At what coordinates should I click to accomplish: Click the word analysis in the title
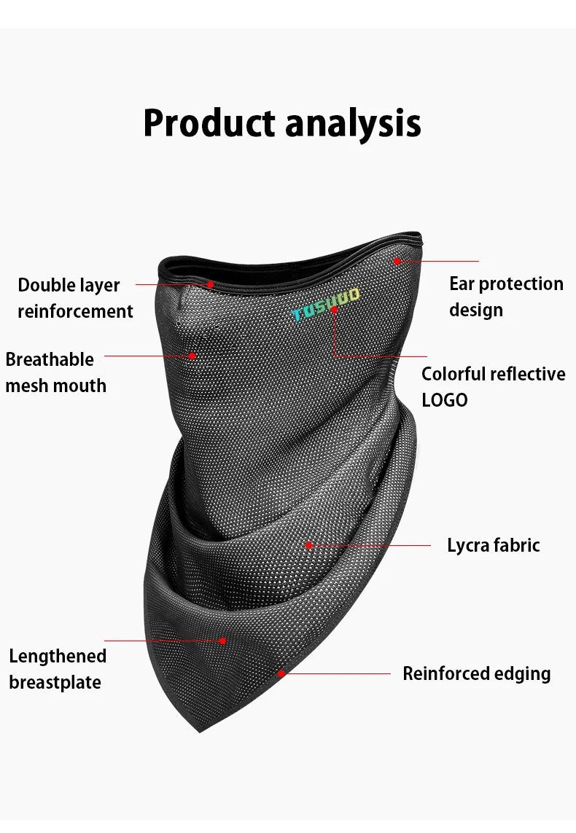click(x=354, y=124)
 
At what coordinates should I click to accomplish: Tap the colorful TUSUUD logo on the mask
click(x=326, y=305)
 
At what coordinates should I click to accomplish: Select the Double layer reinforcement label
click(x=75, y=298)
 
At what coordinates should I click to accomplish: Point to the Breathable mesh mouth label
click(x=56, y=372)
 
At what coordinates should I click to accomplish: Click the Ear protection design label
click(x=507, y=297)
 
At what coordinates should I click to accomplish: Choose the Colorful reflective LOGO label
click(x=493, y=387)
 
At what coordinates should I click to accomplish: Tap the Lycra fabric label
click(x=493, y=545)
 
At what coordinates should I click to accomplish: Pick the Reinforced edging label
click(x=477, y=673)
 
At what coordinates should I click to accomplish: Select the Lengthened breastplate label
click(x=58, y=669)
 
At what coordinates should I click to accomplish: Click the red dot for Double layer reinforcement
click(x=211, y=284)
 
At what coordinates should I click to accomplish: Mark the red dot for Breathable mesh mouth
click(x=192, y=356)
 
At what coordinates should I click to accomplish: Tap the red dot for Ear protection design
click(x=397, y=261)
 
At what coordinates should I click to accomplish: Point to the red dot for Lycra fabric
click(x=308, y=545)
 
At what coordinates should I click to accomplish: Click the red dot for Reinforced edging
click(x=281, y=673)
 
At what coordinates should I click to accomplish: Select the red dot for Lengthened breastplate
click(x=222, y=641)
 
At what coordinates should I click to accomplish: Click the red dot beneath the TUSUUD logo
click(x=334, y=309)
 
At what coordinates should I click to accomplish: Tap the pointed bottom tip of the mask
click(x=201, y=732)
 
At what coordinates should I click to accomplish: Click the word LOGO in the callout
click(x=445, y=400)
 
